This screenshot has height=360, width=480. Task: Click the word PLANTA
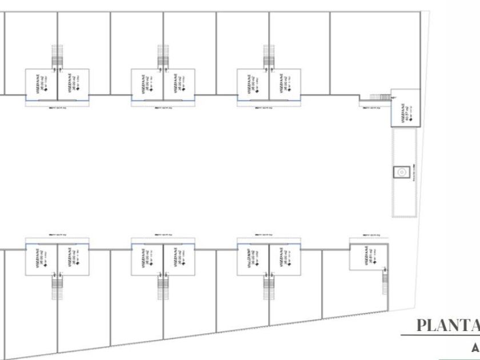tap(449, 326)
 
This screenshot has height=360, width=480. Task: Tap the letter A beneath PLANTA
tap(475, 347)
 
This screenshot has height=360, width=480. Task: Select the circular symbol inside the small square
tap(402, 171)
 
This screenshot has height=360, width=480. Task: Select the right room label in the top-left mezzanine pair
tap(73, 83)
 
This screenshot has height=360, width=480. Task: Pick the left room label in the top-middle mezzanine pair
tap(148, 83)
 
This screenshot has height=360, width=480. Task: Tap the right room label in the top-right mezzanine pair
tap(284, 83)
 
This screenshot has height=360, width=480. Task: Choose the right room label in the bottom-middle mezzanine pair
tap(178, 258)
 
